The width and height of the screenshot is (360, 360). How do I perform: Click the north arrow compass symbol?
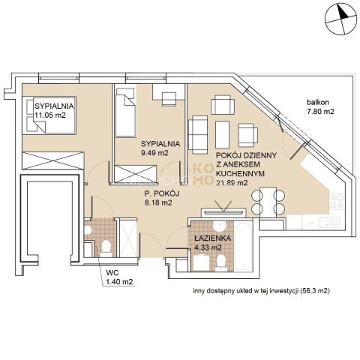[x=340, y=19]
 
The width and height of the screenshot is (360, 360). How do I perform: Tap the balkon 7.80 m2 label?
[x=320, y=106]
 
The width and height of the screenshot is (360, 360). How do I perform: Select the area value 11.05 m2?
[x=50, y=115]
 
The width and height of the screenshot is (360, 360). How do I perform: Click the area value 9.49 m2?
[x=154, y=153]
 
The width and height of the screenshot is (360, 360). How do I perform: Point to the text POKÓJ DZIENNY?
[x=246, y=155]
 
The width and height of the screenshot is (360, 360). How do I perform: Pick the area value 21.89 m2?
[x=232, y=183]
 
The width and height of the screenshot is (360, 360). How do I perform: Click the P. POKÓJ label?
[x=162, y=193]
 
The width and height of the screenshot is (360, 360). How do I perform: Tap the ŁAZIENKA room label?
[x=212, y=238]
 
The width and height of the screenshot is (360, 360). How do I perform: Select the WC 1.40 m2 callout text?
[x=119, y=277]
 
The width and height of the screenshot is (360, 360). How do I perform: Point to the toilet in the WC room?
[x=106, y=248]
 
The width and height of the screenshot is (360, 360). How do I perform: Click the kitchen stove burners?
[x=337, y=201]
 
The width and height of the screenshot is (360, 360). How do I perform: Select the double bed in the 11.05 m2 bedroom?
[x=49, y=115]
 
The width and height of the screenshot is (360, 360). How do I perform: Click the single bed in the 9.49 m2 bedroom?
[x=125, y=112]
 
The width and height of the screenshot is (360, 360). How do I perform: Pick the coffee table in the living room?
[x=222, y=135]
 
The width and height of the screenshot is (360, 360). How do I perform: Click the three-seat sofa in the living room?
[x=198, y=135]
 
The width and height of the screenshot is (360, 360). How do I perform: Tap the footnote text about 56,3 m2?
[x=261, y=291]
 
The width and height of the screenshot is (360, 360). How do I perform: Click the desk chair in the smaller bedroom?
[x=169, y=99]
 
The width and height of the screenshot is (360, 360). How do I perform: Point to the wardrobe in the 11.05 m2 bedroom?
[x=53, y=160]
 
